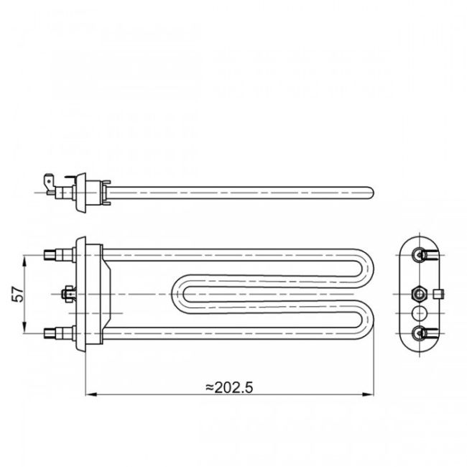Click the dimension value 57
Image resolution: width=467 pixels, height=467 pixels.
[19, 293]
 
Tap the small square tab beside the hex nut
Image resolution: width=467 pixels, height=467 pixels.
[438, 293]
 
